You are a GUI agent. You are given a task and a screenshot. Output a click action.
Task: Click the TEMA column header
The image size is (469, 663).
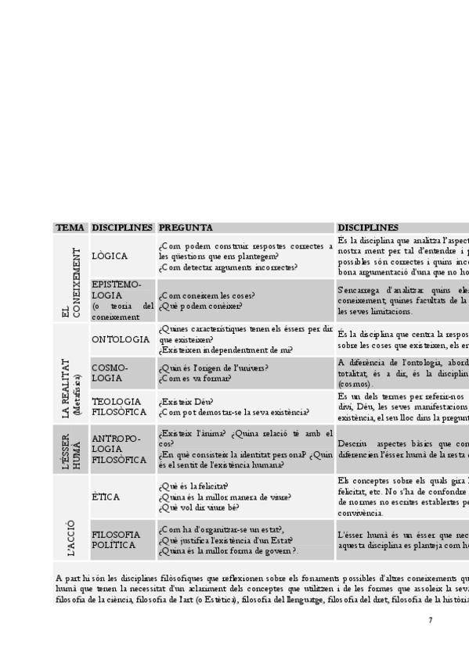(70, 228)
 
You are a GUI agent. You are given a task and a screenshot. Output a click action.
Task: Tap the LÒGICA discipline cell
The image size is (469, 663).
(109, 256)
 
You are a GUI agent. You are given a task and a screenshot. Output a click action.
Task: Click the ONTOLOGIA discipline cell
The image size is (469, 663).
(120, 340)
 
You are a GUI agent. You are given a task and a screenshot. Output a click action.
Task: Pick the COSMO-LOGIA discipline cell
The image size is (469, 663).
(110, 372)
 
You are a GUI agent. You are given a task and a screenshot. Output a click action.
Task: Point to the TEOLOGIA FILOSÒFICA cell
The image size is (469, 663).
(119, 407)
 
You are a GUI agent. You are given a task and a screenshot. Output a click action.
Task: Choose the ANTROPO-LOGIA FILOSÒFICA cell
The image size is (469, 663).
(119, 449)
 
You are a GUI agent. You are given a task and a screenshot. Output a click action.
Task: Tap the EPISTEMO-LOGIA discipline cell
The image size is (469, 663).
(121, 300)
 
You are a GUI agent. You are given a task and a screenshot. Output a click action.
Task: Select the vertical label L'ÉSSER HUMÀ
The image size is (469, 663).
(71, 450)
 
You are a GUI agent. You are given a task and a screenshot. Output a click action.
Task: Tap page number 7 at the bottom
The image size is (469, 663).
(430, 620)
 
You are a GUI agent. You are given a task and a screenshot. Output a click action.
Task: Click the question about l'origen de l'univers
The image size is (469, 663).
(213, 367)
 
